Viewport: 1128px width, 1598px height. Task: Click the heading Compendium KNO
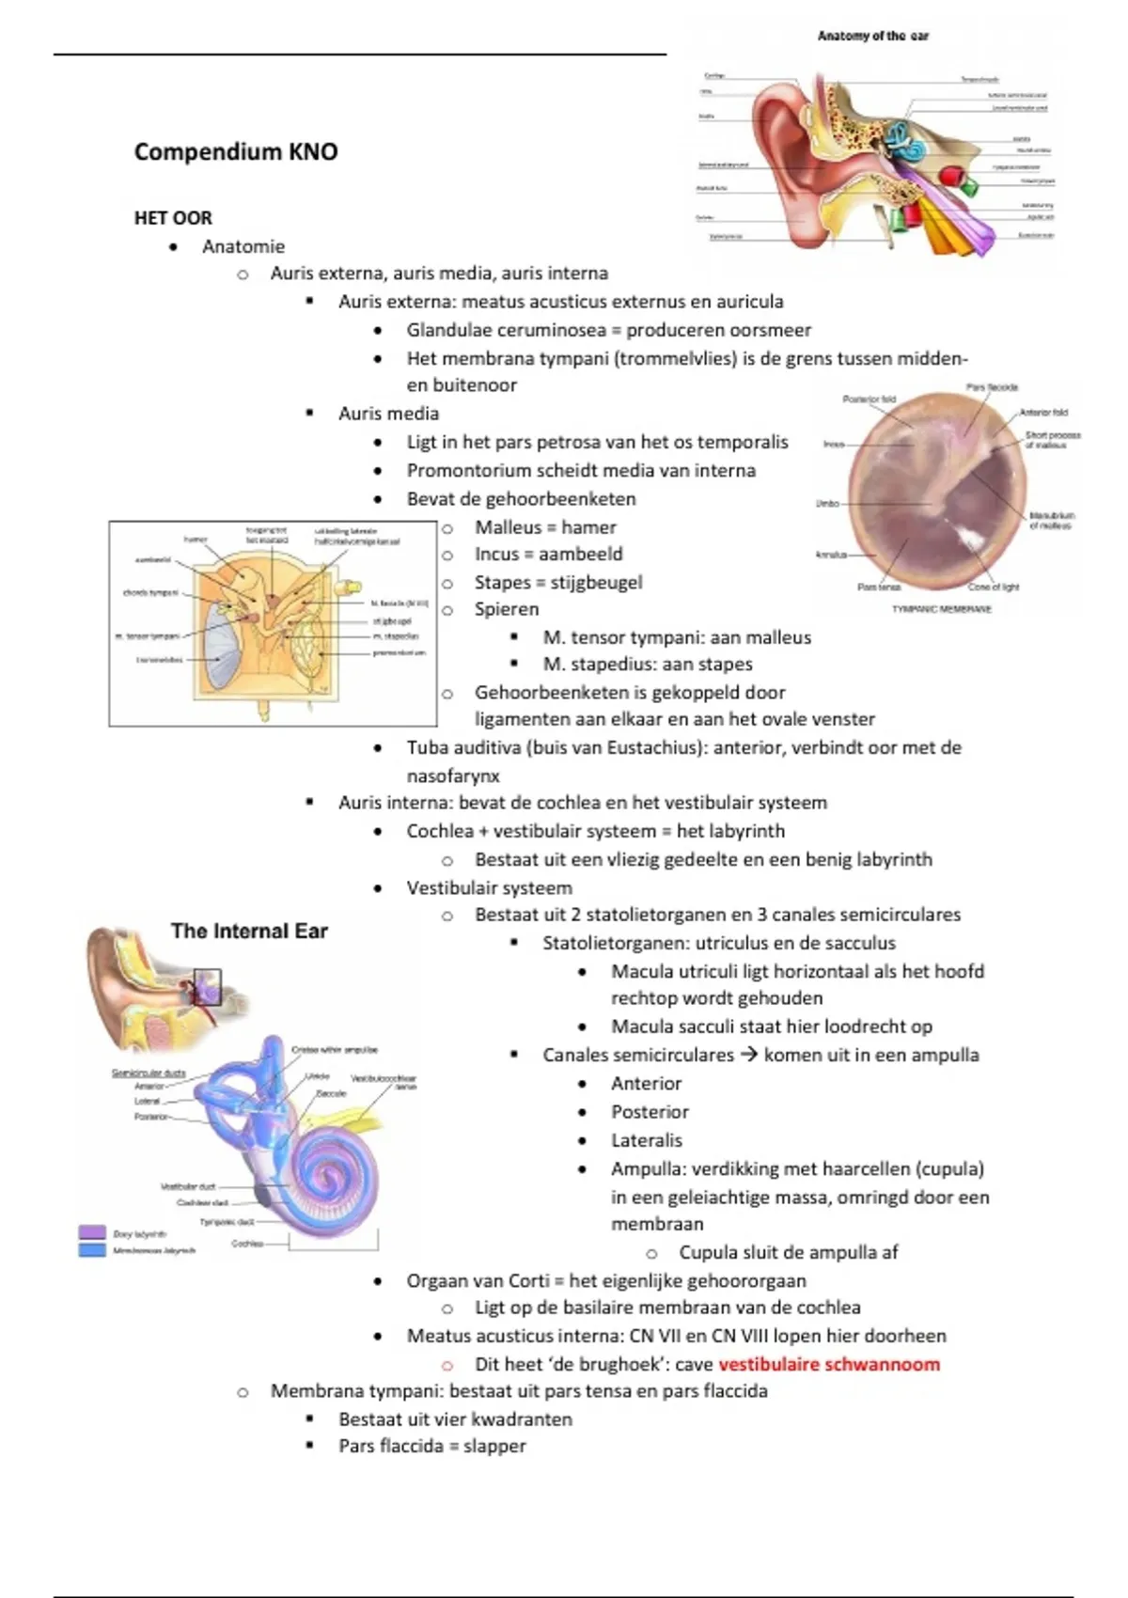(236, 151)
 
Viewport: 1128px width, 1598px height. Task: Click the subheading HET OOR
(173, 218)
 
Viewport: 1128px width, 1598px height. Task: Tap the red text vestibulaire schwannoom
(829, 1364)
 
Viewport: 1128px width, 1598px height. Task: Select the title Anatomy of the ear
(873, 36)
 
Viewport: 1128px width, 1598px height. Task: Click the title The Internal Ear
(249, 931)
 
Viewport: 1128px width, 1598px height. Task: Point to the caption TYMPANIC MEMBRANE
(942, 609)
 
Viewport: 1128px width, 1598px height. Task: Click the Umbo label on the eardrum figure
(827, 504)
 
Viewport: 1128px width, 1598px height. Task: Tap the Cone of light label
(994, 587)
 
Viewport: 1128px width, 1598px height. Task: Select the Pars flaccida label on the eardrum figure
(992, 387)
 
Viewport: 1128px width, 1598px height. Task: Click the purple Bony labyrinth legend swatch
(92, 1232)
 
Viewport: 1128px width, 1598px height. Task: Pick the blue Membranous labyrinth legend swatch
(92, 1250)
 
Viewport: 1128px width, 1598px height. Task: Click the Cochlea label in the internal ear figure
(247, 1244)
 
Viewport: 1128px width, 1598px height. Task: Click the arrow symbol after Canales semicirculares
(748, 1055)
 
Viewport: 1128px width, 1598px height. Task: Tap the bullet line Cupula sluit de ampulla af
(788, 1252)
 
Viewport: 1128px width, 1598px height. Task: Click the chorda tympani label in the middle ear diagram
(150, 593)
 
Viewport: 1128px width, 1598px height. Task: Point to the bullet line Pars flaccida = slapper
(432, 1446)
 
